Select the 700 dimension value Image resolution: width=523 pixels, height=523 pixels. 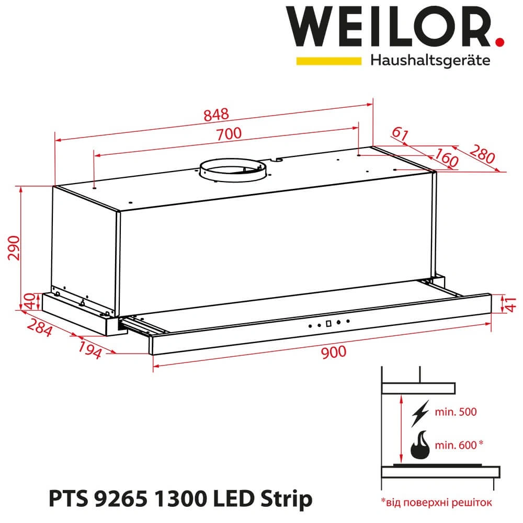click(x=229, y=134)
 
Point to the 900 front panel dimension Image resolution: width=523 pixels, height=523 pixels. click(x=333, y=352)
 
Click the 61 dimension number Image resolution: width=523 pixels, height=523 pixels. click(x=400, y=134)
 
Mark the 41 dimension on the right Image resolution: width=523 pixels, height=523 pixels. click(x=507, y=303)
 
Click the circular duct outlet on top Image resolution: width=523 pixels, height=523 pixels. click(x=232, y=170)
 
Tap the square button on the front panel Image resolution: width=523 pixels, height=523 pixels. click(x=328, y=323)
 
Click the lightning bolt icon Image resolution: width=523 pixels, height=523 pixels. click(x=420, y=413)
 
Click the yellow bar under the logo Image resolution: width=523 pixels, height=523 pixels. click(x=328, y=61)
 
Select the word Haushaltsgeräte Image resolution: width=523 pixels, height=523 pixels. click(x=430, y=61)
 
